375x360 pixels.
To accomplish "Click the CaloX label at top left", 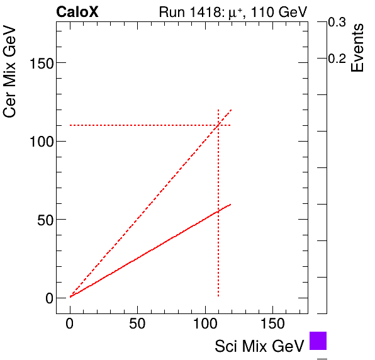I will point(77,11).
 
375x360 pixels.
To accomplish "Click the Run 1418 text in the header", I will point(188,11).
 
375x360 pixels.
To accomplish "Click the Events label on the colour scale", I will point(357,48).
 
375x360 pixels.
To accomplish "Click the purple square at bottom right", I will point(318,340).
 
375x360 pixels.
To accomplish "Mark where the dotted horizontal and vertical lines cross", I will point(218,125).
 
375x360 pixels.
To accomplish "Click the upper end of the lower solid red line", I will point(231,204).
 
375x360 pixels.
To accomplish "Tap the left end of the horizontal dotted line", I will point(70,125).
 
